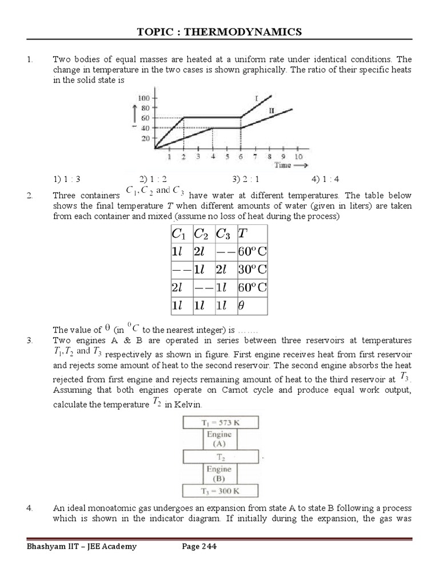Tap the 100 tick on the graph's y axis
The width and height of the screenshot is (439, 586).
click(142, 98)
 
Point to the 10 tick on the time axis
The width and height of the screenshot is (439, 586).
click(298, 157)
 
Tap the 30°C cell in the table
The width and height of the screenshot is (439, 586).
click(252, 268)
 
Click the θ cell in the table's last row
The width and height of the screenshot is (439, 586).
click(241, 306)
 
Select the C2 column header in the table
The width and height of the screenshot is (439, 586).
click(201, 233)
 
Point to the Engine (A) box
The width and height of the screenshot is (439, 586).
click(219, 439)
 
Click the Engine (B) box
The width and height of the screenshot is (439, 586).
click(219, 473)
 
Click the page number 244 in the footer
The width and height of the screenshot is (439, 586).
click(207, 547)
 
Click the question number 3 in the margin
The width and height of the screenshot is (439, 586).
click(29, 340)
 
